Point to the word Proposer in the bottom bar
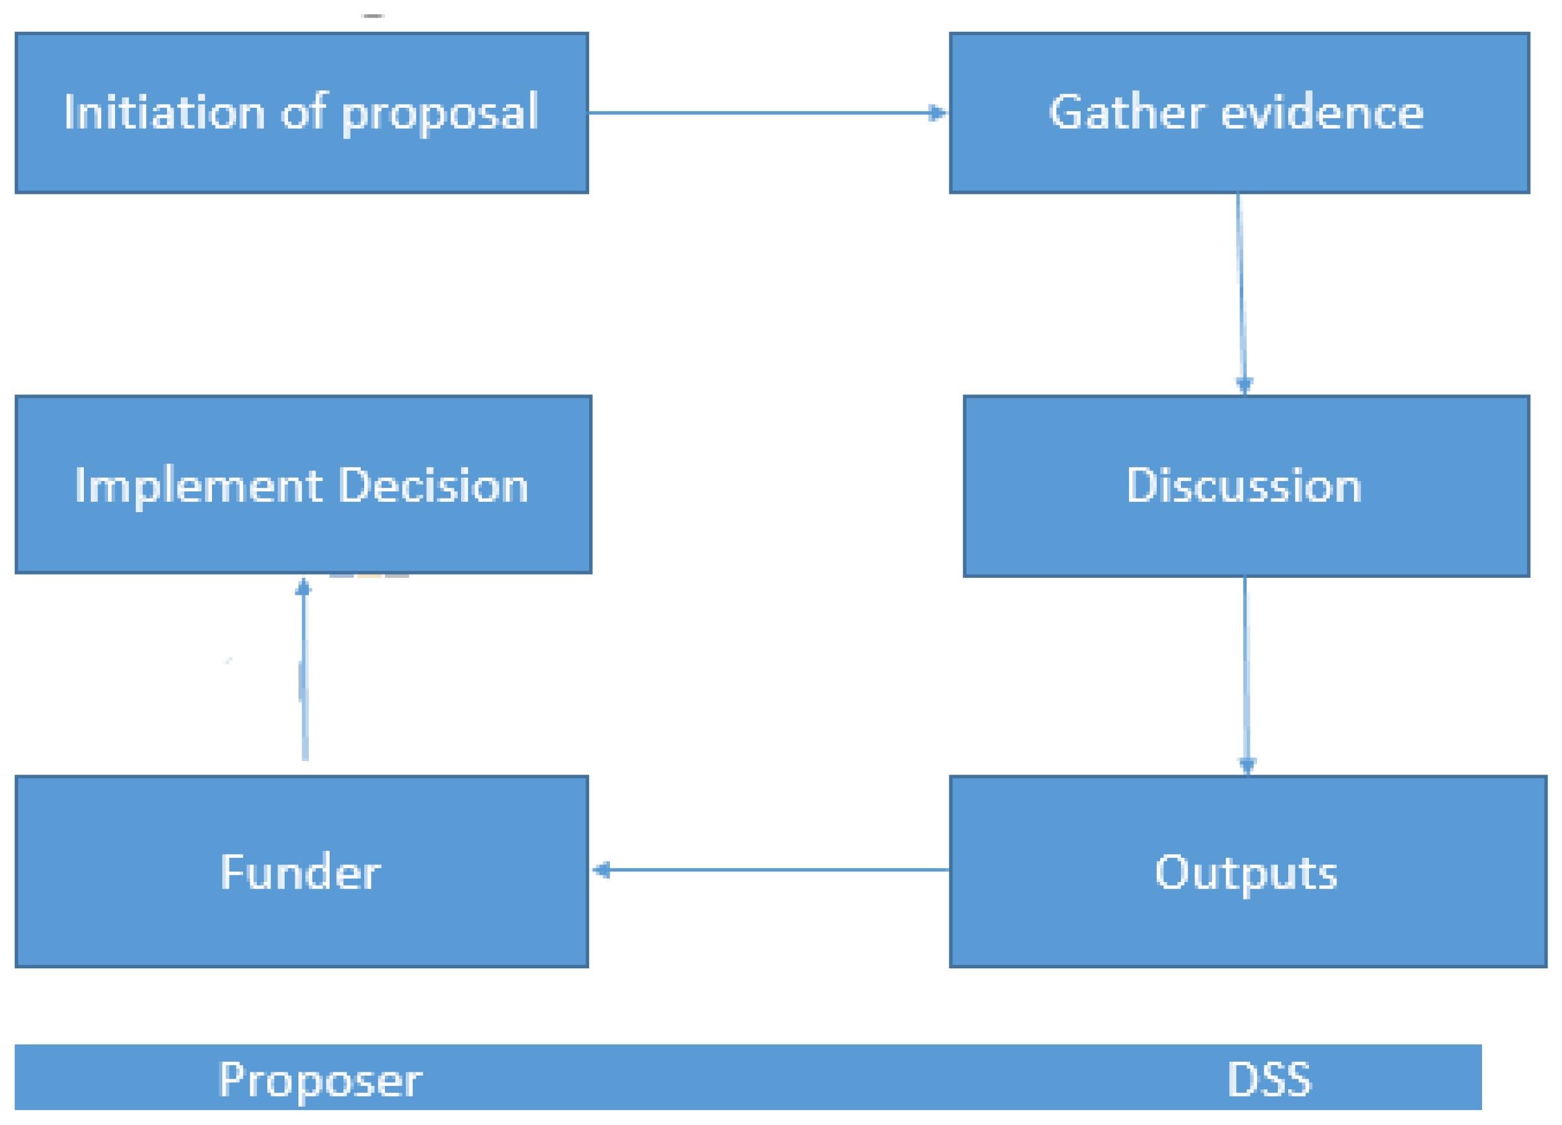319,1080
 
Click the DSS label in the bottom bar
1269,1079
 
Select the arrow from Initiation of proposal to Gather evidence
765,113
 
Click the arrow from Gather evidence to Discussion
1241,289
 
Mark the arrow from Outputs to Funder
771,870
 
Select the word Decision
434,486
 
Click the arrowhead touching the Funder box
601,870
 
